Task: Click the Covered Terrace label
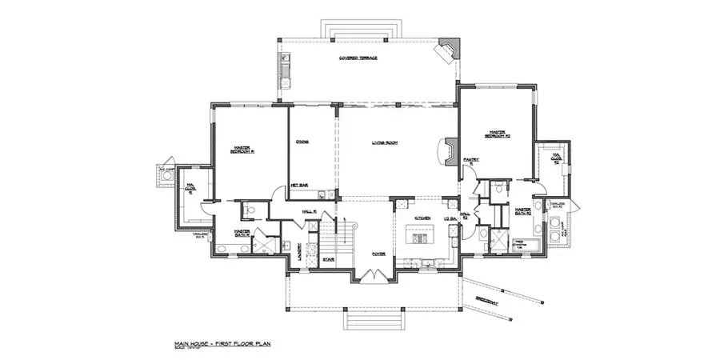pos(358,58)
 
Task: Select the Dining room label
pos(302,142)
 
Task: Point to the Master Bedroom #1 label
pos(242,150)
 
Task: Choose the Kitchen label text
pos(423,218)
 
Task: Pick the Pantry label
pos(472,162)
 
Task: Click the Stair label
pos(328,259)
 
